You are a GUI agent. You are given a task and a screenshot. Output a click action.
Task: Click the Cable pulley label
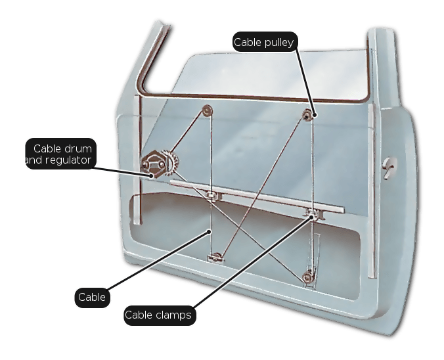265,42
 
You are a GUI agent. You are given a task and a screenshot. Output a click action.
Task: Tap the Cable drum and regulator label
61,154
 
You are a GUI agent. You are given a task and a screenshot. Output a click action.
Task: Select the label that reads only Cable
92,298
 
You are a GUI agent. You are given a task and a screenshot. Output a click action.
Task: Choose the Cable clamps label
160,315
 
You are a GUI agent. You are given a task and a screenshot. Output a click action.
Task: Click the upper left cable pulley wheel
208,110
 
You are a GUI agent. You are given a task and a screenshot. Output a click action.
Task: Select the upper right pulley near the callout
307,115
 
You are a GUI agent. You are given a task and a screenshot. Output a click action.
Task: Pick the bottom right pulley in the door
307,277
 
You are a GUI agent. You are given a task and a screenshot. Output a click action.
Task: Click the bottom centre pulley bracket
216,257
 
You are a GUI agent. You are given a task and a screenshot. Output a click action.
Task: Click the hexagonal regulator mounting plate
153,164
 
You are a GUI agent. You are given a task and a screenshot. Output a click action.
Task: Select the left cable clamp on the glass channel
211,195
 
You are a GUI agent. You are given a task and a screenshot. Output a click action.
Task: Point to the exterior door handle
389,167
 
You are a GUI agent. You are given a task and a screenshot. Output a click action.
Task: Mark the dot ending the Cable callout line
209,232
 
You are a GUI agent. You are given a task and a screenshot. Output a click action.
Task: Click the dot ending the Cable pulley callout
315,115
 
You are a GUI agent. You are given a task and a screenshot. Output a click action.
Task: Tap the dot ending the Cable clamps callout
312,217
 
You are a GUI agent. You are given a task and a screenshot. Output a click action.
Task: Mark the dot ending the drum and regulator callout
152,176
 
